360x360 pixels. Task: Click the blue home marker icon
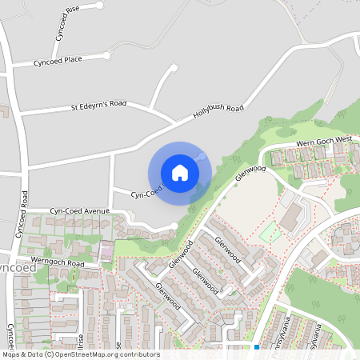179,173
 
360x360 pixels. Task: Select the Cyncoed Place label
58,60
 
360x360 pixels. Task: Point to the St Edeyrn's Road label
98,105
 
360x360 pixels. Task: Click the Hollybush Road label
218,111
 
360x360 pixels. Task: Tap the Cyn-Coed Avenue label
79,211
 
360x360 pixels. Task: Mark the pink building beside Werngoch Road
105,254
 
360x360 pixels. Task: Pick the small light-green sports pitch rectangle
270,233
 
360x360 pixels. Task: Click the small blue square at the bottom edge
257,347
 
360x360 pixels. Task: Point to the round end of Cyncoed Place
107,55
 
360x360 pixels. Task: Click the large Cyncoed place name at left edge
16,268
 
